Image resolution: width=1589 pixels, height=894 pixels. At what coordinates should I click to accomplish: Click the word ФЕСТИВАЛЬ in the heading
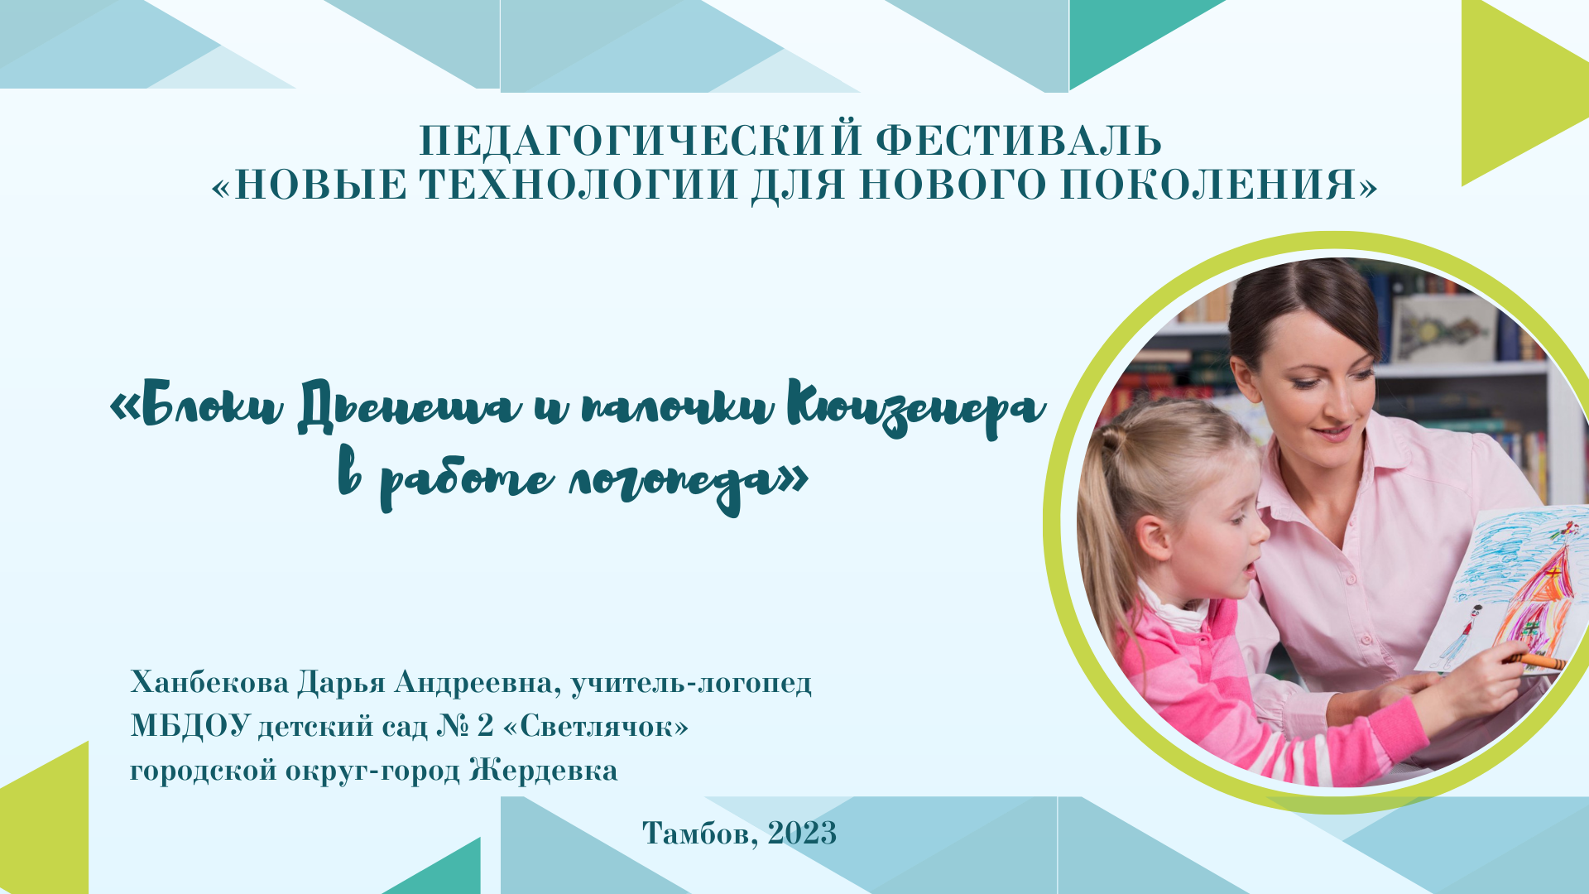(1019, 141)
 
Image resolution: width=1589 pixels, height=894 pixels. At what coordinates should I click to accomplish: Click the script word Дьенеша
(410, 408)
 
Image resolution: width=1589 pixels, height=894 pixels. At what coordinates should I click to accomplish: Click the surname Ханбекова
(209, 683)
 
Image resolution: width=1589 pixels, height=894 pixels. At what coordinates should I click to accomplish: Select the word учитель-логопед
(691, 683)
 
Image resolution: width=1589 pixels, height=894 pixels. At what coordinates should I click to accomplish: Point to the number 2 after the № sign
(485, 726)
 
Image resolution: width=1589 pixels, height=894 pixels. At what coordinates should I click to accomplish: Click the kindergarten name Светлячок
(596, 727)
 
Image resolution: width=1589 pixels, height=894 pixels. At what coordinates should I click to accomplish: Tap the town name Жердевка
(543, 771)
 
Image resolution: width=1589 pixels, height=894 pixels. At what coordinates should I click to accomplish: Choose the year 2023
(802, 833)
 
